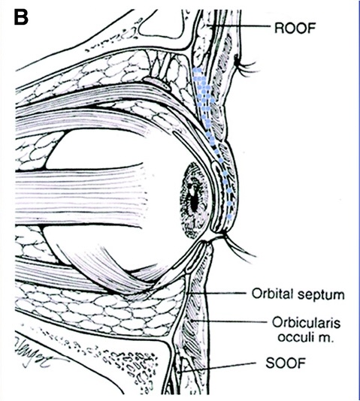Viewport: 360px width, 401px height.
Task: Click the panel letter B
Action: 21,17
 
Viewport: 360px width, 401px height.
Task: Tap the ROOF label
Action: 295,28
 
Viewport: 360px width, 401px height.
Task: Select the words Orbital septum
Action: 298,294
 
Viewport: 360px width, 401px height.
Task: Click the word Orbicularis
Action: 307,322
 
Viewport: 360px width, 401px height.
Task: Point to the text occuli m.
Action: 306,337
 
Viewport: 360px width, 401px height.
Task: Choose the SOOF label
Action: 286,363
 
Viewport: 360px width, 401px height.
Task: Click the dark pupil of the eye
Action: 194,201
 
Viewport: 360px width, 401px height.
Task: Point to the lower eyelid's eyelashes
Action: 238,248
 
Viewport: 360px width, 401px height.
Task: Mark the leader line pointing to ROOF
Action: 239,26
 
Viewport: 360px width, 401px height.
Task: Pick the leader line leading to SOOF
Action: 217,367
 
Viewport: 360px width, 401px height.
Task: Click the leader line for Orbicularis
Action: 229,321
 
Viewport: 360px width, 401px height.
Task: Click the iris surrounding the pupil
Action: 194,200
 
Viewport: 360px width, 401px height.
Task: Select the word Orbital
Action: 274,294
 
